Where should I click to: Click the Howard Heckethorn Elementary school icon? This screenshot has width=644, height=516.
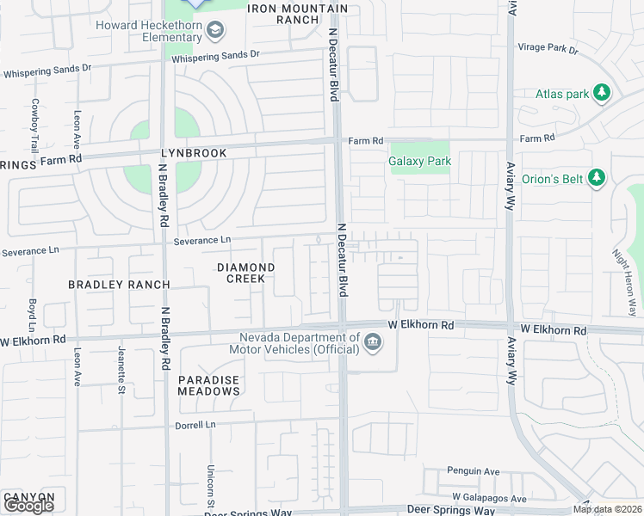tap(215, 32)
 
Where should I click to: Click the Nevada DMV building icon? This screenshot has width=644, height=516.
tap(373, 343)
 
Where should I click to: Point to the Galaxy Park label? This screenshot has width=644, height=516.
tap(419, 161)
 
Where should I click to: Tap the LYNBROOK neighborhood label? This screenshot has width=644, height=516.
tap(193, 153)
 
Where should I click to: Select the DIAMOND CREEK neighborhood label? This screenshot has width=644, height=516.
tap(245, 273)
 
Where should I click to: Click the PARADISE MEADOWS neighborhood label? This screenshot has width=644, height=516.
tap(208, 385)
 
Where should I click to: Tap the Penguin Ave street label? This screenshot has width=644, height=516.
tap(473, 471)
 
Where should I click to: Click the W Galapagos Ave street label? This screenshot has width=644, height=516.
tap(488, 499)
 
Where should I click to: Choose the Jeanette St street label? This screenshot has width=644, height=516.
tap(120, 366)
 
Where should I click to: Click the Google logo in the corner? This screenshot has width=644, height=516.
tap(28, 506)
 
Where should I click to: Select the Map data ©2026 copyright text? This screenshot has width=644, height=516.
tap(607, 509)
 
